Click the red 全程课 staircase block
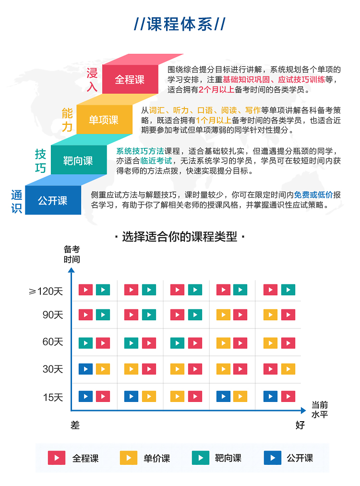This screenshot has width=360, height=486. click(x=130, y=79)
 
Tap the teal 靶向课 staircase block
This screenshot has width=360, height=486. click(x=79, y=160)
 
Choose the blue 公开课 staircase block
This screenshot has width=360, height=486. click(x=53, y=200)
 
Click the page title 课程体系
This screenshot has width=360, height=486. click(x=180, y=24)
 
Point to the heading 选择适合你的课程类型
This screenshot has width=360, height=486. click(x=180, y=237)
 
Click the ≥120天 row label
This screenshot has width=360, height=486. click(x=46, y=292)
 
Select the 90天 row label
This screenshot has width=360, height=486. click(x=53, y=315)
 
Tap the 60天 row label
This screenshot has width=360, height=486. click(x=53, y=342)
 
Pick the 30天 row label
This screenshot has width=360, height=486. click(x=53, y=369)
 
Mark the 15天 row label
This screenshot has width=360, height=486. click(x=53, y=397)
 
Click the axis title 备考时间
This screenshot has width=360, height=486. click(x=72, y=254)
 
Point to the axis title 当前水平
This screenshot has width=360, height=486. click(x=320, y=410)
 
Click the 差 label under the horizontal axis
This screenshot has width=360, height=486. click(x=75, y=425)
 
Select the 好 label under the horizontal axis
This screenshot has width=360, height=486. click(x=300, y=425)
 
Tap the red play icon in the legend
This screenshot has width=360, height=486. click(x=56, y=458)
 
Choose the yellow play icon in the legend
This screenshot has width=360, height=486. click(x=129, y=458)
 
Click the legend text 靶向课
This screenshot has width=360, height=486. click(x=228, y=458)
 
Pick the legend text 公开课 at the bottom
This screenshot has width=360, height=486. click(x=300, y=458)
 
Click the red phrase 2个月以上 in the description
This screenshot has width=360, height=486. click(x=216, y=90)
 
